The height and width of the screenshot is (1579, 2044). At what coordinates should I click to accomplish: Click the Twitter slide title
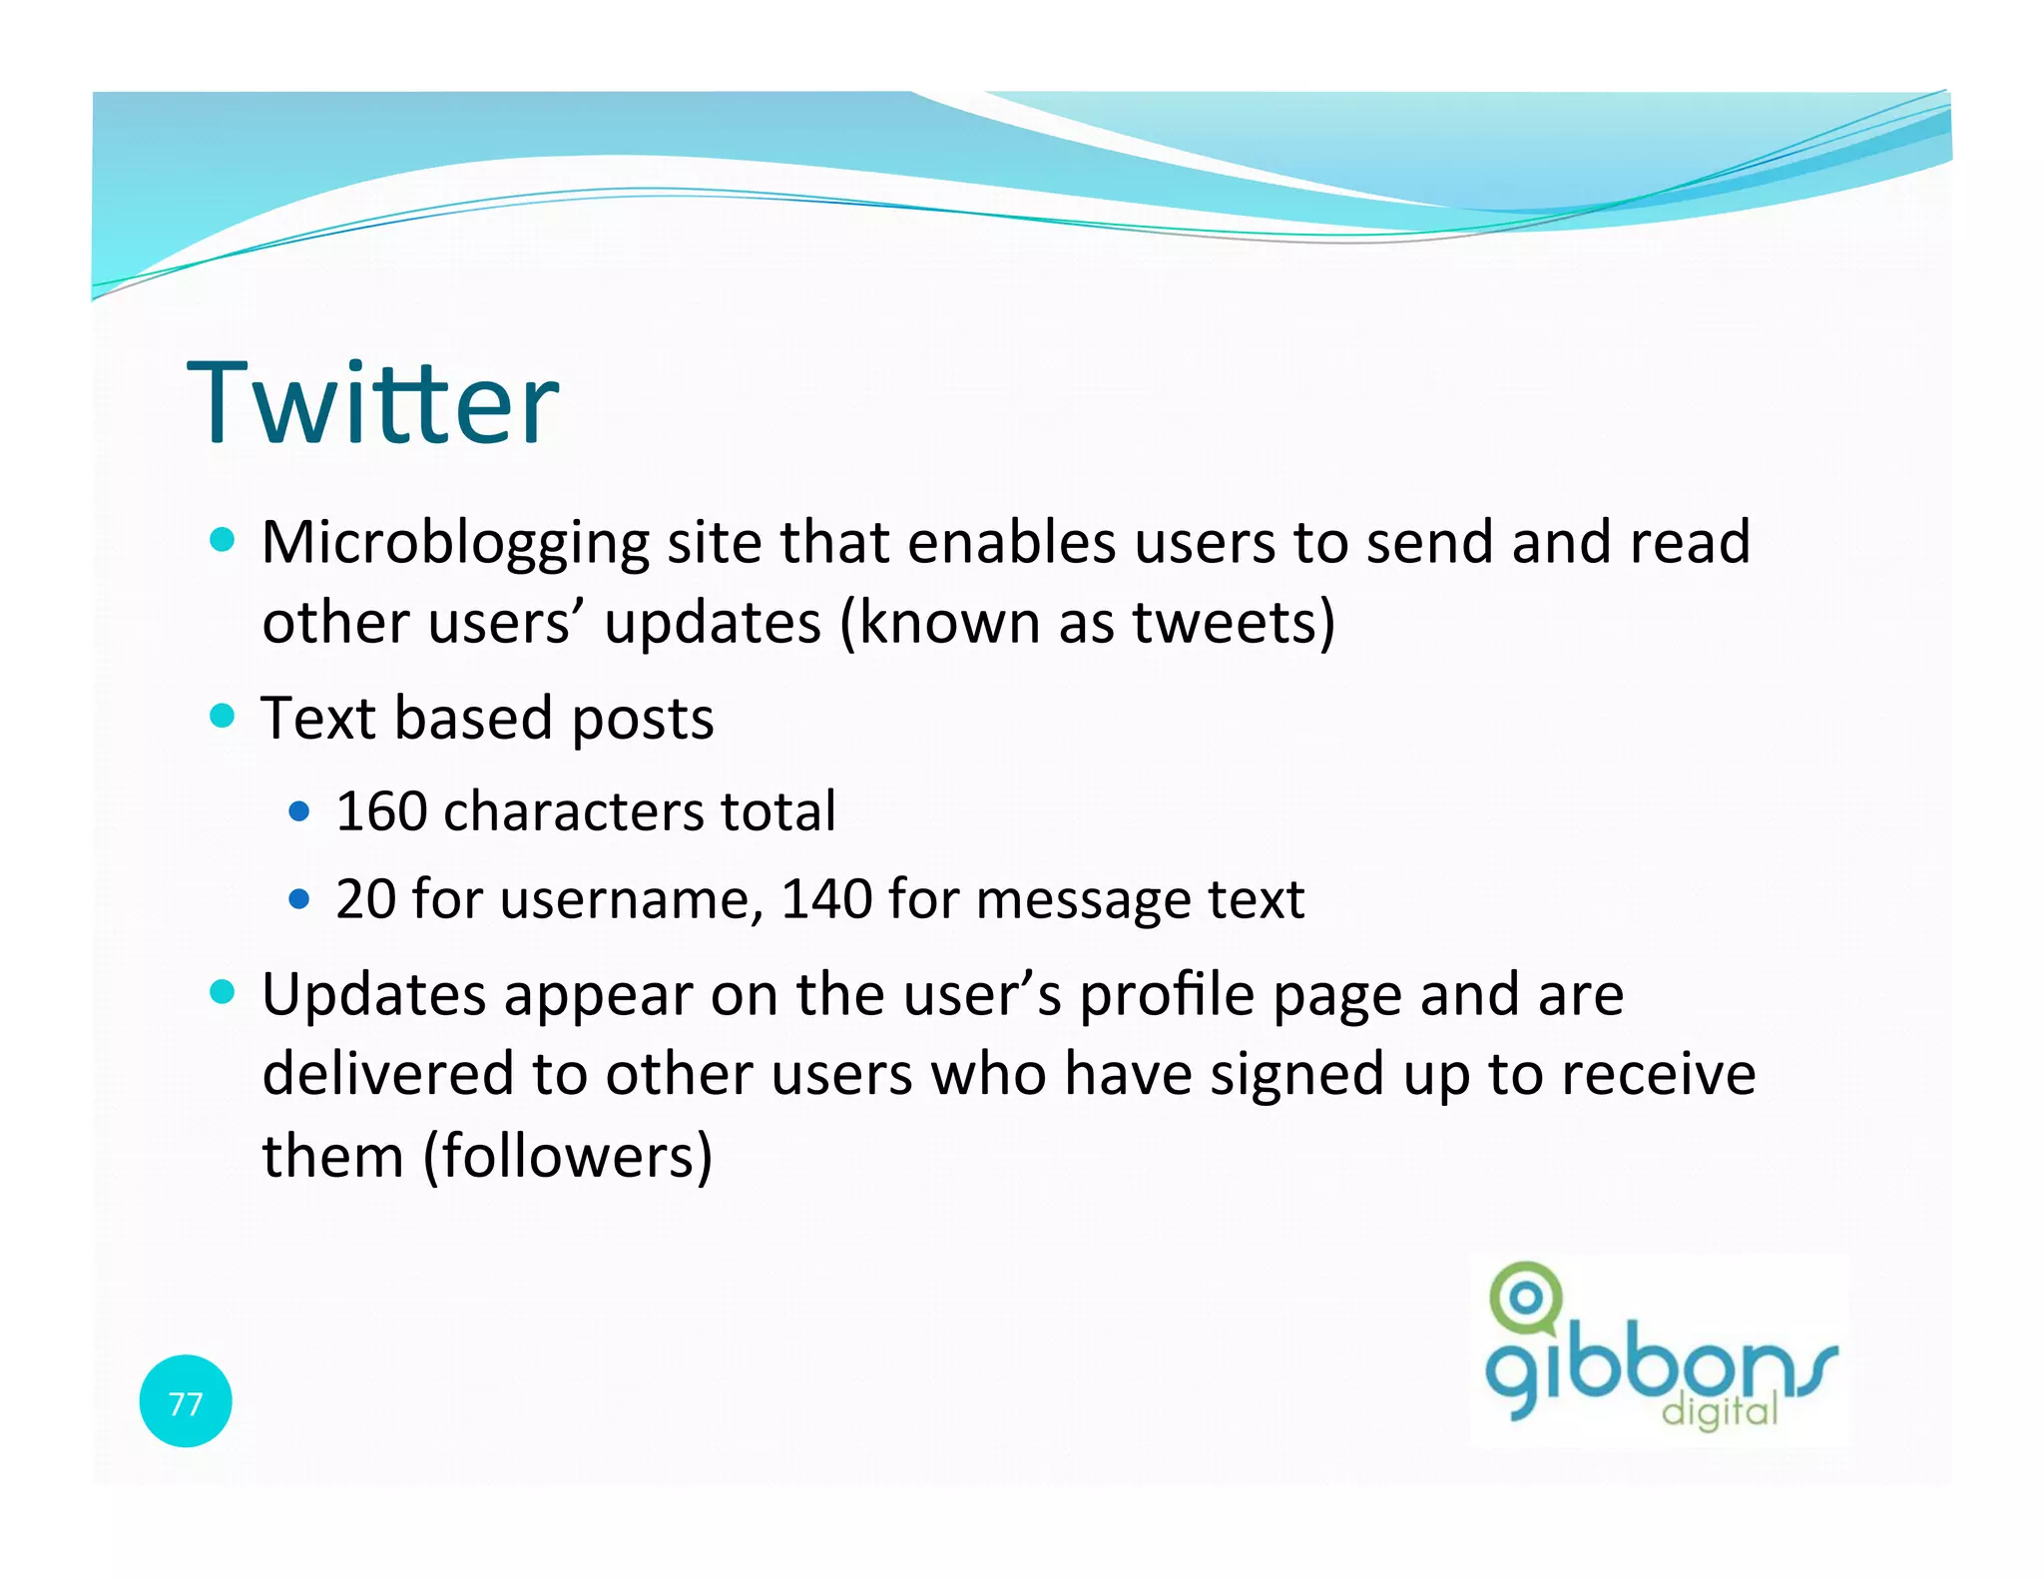(x=373, y=403)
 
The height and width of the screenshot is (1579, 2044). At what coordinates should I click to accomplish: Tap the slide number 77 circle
(x=186, y=1401)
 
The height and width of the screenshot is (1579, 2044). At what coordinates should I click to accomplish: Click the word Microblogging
(x=455, y=544)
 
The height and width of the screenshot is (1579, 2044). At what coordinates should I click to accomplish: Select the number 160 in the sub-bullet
(x=381, y=811)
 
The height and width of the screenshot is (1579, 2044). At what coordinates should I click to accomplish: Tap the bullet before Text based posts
(x=223, y=717)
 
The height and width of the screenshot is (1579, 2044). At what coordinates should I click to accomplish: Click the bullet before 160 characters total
(x=299, y=811)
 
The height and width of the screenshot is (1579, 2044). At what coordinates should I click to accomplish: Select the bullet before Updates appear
(x=223, y=992)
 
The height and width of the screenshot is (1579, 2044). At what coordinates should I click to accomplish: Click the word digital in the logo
(x=1720, y=1411)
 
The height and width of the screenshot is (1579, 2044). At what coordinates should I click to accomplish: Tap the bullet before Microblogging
(x=223, y=541)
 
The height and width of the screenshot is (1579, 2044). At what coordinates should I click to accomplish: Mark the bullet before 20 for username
(x=299, y=899)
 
